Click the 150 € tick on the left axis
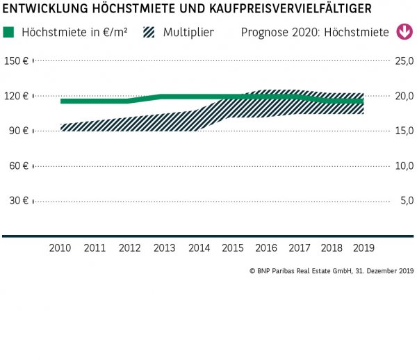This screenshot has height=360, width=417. [16, 61]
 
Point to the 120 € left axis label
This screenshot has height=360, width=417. [16, 96]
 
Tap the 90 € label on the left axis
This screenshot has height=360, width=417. [18, 131]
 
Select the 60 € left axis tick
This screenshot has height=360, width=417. [18, 165]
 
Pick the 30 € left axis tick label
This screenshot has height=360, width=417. [18, 201]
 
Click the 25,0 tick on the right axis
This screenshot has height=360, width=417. [403, 61]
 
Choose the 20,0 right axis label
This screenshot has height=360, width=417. [403, 96]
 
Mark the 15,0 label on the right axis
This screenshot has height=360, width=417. [403, 131]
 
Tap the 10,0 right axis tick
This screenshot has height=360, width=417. [403, 165]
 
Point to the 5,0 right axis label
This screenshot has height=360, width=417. [406, 201]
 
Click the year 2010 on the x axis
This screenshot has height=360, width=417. [60, 247]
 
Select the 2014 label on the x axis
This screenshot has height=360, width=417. [199, 247]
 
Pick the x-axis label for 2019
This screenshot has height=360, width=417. [363, 247]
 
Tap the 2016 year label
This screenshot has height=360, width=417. [266, 247]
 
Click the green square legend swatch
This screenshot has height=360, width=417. [9, 33]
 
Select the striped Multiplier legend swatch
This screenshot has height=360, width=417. [149, 33]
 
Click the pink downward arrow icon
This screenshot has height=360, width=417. [403, 32]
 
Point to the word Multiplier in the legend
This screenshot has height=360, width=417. [188, 33]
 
